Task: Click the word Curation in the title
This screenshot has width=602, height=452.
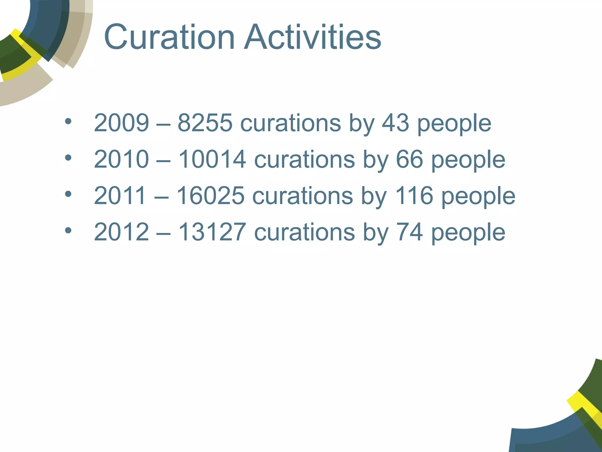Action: pyautogui.click(x=169, y=37)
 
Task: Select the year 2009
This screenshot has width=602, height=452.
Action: pyautogui.click(x=121, y=123)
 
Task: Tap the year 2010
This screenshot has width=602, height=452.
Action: pyautogui.click(x=121, y=159)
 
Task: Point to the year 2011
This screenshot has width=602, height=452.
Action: pyautogui.click(x=120, y=196)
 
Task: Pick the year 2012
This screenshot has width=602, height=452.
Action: pyautogui.click(x=121, y=232)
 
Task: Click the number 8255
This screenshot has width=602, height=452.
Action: pyautogui.click(x=205, y=123)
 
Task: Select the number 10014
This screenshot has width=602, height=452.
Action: pyautogui.click(x=212, y=159)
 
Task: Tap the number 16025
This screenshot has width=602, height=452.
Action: pyautogui.click(x=210, y=196)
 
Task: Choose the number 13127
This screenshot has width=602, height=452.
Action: pyautogui.click(x=212, y=232)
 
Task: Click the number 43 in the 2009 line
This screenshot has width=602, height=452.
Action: pyautogui.click(x=395, y=123)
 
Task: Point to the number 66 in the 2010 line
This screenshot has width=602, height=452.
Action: pyautogui.click(x=409, y=159)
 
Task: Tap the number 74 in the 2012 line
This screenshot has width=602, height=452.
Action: pyautogui.click(x=409, y=232)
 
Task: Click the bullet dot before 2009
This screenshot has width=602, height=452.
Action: pyautogui.click(x=68, y=121)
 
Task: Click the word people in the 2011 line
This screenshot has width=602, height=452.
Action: pyautogui.click(x=479, y=197)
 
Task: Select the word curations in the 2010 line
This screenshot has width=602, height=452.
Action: pyautogui.click(x=305, y=159)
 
